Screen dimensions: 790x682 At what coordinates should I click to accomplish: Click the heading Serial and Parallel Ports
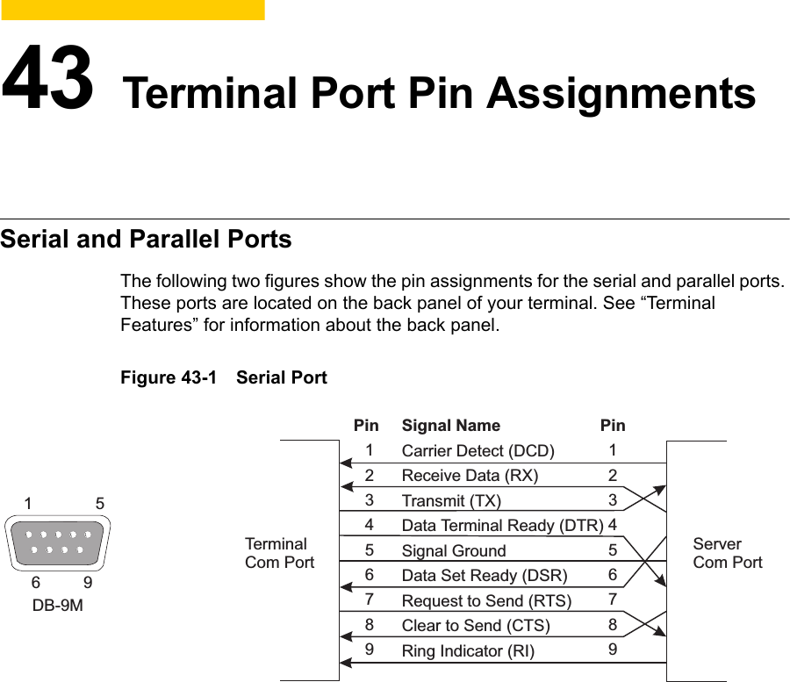[x=146, y=239]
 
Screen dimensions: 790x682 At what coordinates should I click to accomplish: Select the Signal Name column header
[x=450, y=426]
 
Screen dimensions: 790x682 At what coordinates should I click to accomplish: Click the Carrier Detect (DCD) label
[x=478, y=451]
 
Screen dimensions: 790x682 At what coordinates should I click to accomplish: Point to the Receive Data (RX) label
[x=470, y=476]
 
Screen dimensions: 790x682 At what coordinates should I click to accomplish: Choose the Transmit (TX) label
[x=451, y=501]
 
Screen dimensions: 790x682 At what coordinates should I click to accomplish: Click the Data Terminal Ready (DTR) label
[x=502, y=526]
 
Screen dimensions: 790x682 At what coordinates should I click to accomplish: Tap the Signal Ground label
[x=454, y=551]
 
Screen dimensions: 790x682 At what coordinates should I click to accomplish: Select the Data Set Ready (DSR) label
[x=484, y=576]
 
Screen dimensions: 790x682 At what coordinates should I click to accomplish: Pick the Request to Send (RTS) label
[x=486, y=601]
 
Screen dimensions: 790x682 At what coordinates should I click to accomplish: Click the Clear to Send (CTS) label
[x=476, y=626]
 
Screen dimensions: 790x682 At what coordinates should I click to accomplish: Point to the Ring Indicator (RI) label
[x=467, y=651]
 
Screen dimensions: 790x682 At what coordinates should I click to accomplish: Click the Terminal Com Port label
[x=279, y=553]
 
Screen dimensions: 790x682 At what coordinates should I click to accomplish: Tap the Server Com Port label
[x=727, y=553]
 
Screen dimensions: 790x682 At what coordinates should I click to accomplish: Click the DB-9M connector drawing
[x=58, y=542]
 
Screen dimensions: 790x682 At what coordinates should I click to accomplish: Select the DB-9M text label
[x=58, y=605]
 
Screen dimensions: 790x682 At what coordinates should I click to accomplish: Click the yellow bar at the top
[x=132, y=10]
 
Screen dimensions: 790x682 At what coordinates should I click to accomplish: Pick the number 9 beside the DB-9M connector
[x=87, y=582]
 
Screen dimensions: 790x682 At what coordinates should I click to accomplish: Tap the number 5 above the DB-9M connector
[x=100, y=504]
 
